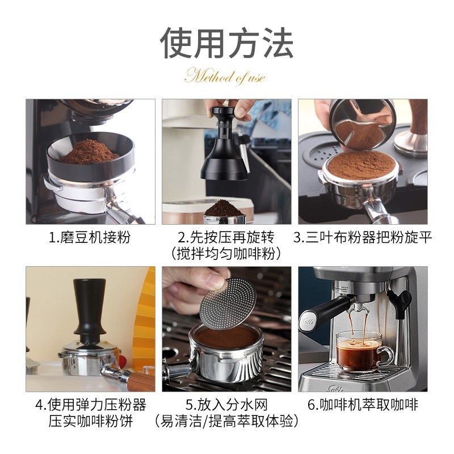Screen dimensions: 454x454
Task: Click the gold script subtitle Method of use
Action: [x=225, y=77]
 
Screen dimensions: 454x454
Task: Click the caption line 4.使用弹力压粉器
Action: [x=91, y=405]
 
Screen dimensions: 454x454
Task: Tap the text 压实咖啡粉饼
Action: [x=91, y=421]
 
